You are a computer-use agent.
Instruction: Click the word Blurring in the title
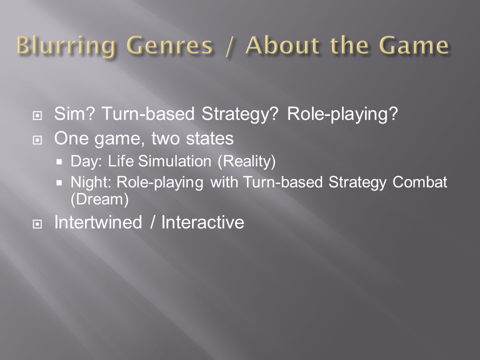coord(66,46)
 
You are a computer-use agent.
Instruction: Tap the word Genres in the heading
coord(170,46)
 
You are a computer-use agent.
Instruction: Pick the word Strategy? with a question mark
coord(240,114)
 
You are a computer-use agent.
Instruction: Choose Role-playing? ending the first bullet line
coord(342,114)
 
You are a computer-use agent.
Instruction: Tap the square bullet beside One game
coord(37,140)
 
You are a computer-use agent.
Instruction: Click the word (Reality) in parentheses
coord(246,161)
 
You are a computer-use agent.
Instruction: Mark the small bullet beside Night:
coord(59,183)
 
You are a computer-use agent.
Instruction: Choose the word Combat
coord(419,182)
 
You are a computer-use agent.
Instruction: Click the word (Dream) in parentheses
coord(99,199)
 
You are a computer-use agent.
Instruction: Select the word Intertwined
coord(98,222)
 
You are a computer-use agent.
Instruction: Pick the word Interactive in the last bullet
coord(202,222)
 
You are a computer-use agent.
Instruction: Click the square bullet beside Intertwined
coord(37,224)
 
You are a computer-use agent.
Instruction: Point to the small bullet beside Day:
coord(59,162)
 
